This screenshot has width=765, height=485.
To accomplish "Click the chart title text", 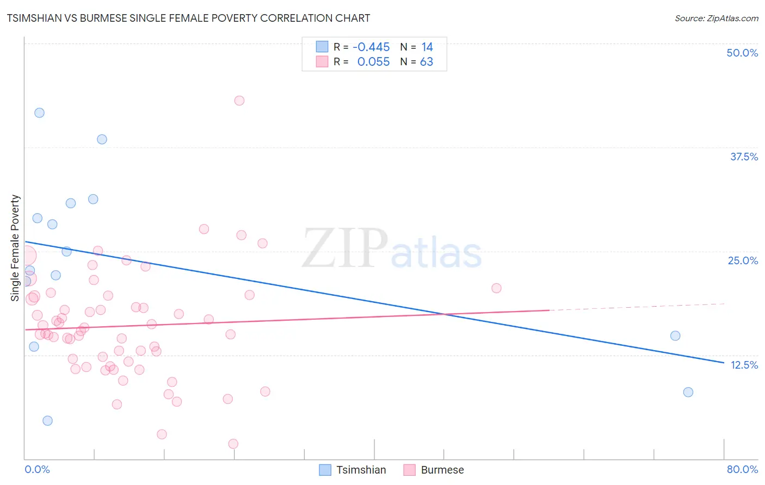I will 188,18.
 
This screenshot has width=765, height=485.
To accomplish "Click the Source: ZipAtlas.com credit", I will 716,18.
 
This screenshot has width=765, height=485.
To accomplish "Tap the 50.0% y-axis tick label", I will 742,53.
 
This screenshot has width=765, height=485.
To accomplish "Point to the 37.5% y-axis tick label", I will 743,157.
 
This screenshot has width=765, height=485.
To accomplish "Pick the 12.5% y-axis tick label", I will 744,365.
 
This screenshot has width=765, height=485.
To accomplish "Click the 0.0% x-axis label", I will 37,469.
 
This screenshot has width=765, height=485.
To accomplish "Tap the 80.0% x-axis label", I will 742,469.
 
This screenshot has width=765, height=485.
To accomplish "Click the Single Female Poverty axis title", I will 15,248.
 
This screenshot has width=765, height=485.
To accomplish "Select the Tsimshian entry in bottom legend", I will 361,470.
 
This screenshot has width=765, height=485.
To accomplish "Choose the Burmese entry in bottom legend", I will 442,470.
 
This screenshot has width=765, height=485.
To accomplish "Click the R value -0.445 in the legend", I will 371,47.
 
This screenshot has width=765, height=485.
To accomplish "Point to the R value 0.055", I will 373,62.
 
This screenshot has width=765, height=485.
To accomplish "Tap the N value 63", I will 427,62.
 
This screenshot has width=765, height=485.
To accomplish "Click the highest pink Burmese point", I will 239,101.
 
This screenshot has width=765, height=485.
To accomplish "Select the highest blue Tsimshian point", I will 39,113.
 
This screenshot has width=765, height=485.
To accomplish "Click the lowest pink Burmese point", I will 233,444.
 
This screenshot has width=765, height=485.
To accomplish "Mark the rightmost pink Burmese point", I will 496,288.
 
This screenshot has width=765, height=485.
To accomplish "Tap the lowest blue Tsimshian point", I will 47,421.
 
